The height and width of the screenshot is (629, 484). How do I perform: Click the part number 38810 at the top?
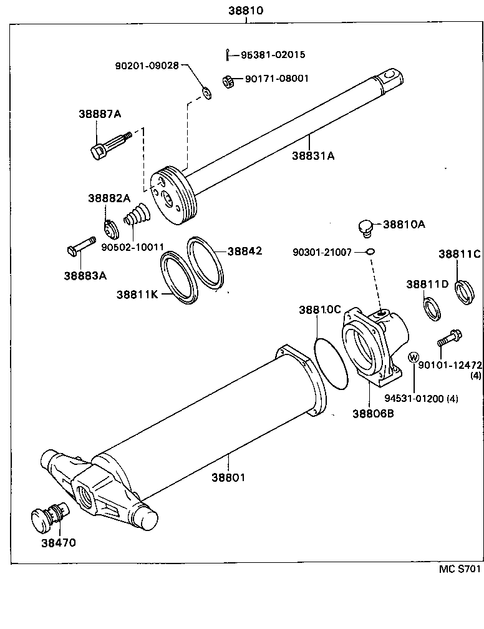pyautogui.click(x=246, y=10)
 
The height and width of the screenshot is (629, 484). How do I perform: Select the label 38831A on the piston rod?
pyautogui.click(x=312, y=156)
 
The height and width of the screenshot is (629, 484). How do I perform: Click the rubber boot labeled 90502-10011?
pyautogui.click(x=135, y=218)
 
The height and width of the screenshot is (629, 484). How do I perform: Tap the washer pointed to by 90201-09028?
pyautogui.click(x=206, y=94)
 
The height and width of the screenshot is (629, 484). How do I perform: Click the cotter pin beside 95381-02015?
pyautogui.click(x=228, y=55)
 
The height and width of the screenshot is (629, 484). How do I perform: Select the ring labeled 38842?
pyautogui.click(x=206, y=262)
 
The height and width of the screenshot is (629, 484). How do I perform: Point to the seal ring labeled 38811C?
pyautogui.click(x=463, y=292)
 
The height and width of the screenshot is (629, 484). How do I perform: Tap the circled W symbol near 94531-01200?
pyautogui.click(x=413, y=357)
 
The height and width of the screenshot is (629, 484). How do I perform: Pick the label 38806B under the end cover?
pyautogui.click(x=373, y=413)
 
